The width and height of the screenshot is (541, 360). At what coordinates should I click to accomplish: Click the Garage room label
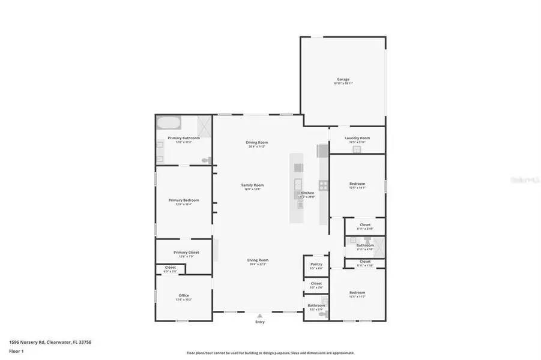tap(343, 79)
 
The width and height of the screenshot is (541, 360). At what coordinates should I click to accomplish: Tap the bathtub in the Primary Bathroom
tap(169, 124)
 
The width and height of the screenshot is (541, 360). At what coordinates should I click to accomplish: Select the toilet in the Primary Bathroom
tap(207, 160)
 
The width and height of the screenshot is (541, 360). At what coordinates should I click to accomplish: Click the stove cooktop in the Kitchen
tap(323, 185)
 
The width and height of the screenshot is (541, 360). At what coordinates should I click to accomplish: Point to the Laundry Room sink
tap(355, 149)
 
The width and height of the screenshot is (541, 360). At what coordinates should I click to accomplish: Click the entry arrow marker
tap(259, 315)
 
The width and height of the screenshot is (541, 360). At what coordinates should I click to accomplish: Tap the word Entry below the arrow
tap(259, 322)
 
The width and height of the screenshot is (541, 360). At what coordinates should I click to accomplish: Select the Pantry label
tap(316, 265)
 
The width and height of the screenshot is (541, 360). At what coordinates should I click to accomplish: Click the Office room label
tap(184, 295)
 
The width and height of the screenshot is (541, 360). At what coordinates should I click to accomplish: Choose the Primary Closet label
tap(186, 252)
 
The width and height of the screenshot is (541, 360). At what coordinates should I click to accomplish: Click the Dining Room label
tap(256, 142)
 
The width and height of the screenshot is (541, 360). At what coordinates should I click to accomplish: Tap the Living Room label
tap(258, 260)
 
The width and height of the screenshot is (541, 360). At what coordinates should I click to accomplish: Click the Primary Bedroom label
tap(183, 200)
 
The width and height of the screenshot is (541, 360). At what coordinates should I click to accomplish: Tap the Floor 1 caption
tap(16, 350)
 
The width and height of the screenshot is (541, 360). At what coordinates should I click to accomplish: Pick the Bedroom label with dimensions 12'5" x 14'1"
tap(357, 184)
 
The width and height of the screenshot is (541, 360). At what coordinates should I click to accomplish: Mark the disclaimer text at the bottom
tap(270, 353)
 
